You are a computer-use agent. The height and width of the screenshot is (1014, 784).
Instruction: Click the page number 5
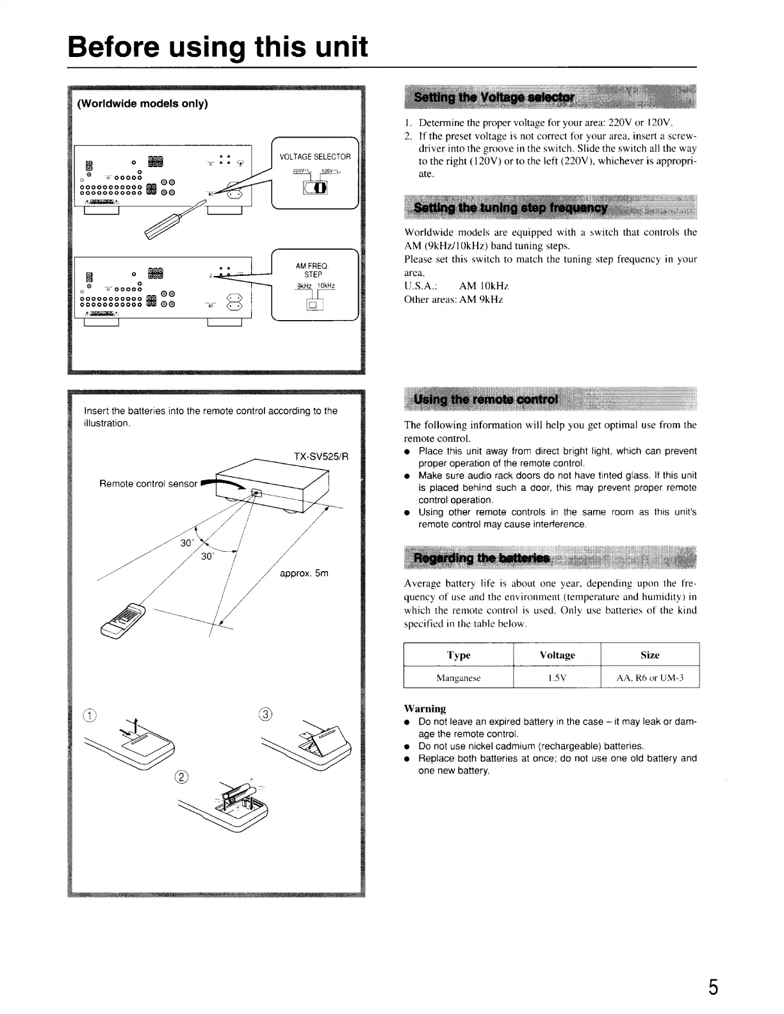[x=712, y=986]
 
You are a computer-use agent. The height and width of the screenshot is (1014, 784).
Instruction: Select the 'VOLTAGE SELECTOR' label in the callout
[x=315, y=157]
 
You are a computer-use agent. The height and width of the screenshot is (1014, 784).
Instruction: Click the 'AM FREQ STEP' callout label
[x=312, y=270]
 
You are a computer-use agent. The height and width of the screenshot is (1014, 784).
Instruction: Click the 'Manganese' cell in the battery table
[x=458, y=677]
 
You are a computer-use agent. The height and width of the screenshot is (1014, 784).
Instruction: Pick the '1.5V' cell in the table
[x=557, y=677]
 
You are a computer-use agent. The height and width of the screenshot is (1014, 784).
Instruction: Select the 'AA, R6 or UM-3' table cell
[x=649, y=677]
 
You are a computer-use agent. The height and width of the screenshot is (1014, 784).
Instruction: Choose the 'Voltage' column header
[x=557, y=655]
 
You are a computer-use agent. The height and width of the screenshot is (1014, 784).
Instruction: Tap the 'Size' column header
[x=649, y=655]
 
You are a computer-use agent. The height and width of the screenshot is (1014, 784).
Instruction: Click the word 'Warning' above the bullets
[x=425, y=708]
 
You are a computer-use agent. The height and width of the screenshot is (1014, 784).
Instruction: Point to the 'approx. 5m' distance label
[x=304, y=573]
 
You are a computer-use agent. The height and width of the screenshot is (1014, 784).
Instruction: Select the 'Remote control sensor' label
[x=148, y=483]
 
